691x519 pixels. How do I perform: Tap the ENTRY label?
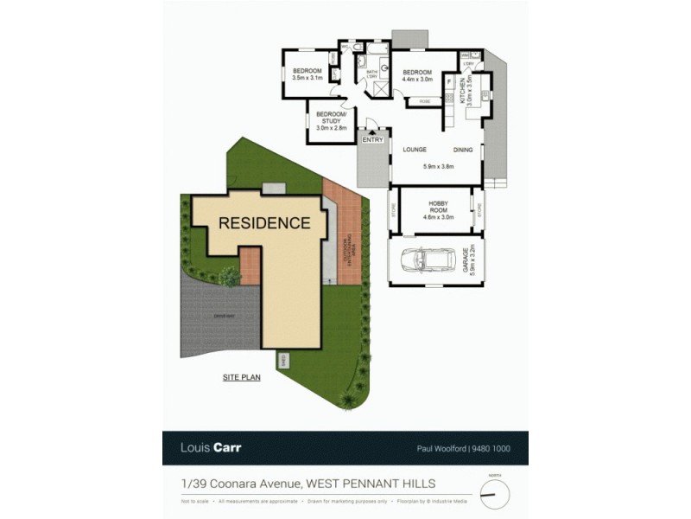coord(373,139)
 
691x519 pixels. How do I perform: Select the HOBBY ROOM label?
coord(438,208)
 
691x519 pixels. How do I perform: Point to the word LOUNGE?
coord(415,150)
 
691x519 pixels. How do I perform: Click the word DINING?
coord(463,150)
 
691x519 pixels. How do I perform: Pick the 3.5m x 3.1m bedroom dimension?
coord(307,78)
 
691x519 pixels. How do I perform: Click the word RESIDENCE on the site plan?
coord(264,222)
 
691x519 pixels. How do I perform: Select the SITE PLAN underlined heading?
coord(242,377)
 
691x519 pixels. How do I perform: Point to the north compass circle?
coord(494,493)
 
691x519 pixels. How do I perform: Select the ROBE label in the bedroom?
coord(424,102)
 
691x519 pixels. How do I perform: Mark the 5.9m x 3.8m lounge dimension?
coord(438,166)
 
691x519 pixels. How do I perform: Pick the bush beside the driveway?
coord(230,276)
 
